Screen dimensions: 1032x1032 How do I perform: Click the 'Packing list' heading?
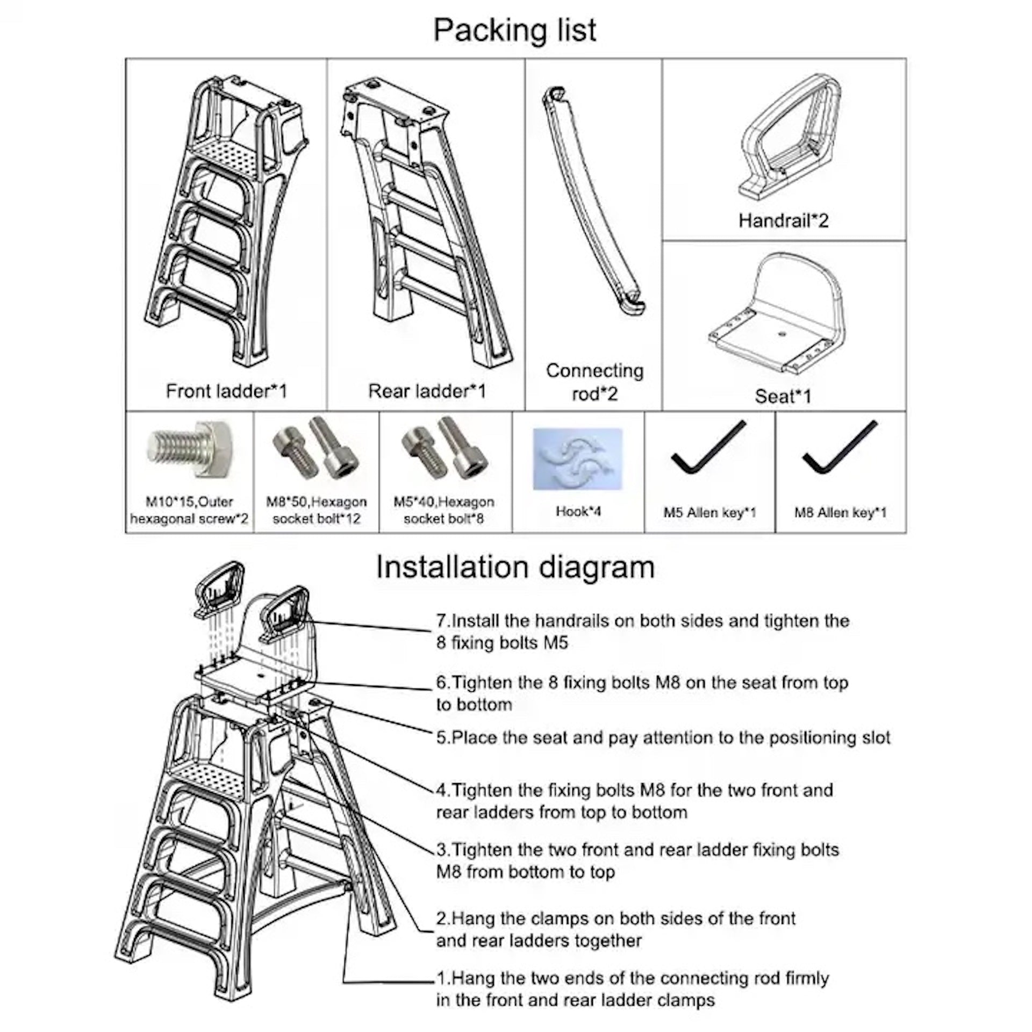514,30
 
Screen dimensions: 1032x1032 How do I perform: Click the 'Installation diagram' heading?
515,567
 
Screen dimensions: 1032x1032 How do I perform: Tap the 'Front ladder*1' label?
226,391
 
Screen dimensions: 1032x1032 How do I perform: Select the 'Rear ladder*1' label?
427,391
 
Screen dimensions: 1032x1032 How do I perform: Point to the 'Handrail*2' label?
783,220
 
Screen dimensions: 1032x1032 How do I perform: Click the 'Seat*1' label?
783,396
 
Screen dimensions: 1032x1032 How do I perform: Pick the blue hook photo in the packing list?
578,458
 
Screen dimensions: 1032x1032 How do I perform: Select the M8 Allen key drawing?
840,448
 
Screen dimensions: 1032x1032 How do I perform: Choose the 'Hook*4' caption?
578,511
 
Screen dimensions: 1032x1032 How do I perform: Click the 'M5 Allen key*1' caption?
709,513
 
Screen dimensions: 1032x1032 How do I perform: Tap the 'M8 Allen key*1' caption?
840,513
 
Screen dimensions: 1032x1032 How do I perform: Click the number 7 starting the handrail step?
441,621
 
